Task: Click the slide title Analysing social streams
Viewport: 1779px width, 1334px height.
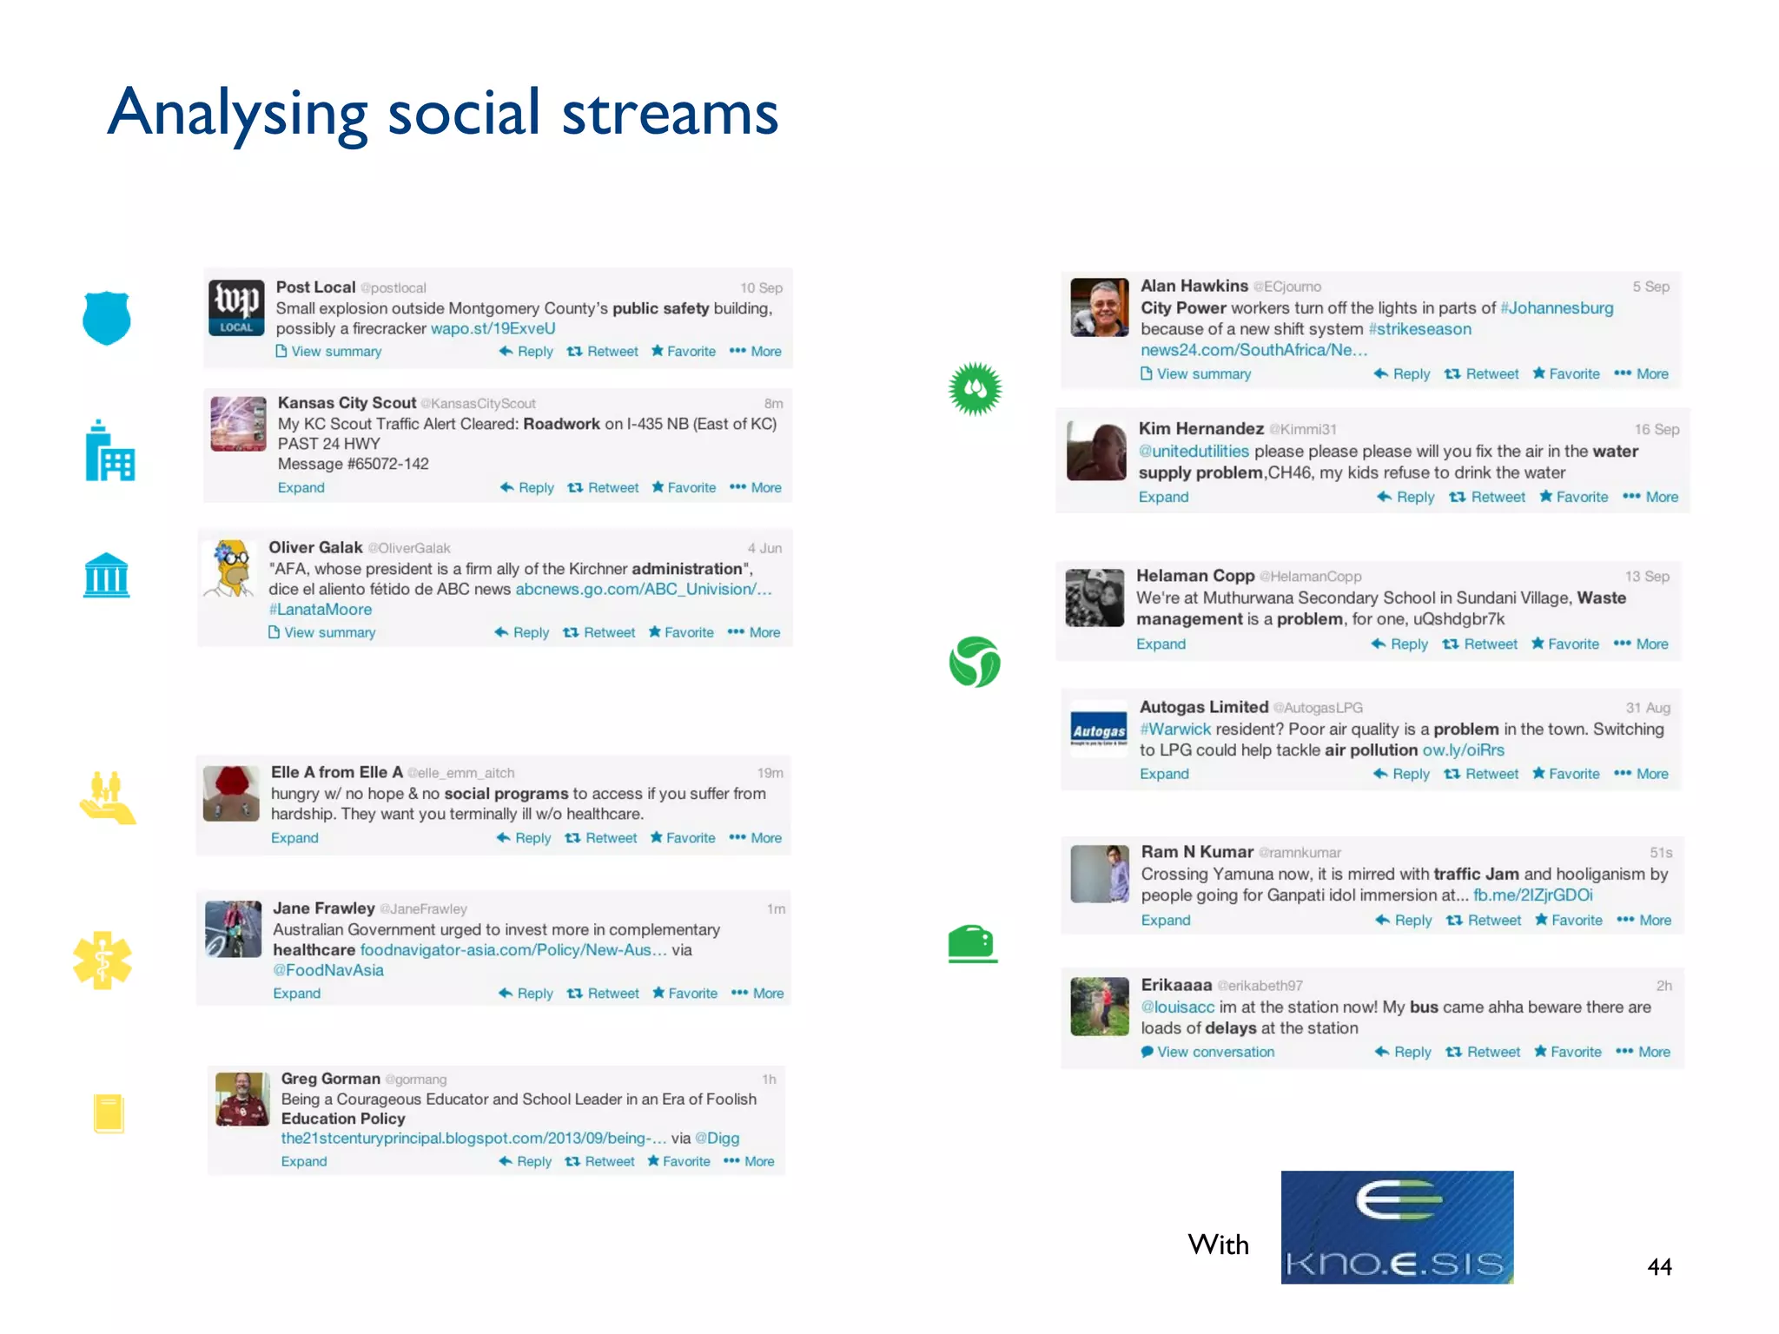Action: tap(442, 113)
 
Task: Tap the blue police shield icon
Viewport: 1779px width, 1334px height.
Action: tap(106, 318)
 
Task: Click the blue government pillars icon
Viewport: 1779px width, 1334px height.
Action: tap(106, 575)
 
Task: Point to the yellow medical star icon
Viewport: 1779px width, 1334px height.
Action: tap(103, 960)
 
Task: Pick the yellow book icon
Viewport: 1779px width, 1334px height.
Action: tap(109, 1113)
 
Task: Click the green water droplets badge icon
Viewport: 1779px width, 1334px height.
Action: tap(975, 388)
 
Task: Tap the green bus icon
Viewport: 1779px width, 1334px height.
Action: tap(972, 943)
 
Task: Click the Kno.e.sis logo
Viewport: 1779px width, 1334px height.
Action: tap(1396, 1226)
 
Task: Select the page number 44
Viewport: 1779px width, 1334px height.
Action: tap(1658, 1266)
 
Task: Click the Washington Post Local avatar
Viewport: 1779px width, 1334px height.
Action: tap(236, 307)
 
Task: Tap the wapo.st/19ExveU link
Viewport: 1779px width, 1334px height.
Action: tap(493, 329)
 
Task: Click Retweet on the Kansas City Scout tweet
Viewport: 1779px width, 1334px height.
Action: tap(604, 488)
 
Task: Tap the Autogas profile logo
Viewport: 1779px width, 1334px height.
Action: tap(1098, 730)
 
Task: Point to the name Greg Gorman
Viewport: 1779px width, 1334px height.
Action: tap(330, 1079)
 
